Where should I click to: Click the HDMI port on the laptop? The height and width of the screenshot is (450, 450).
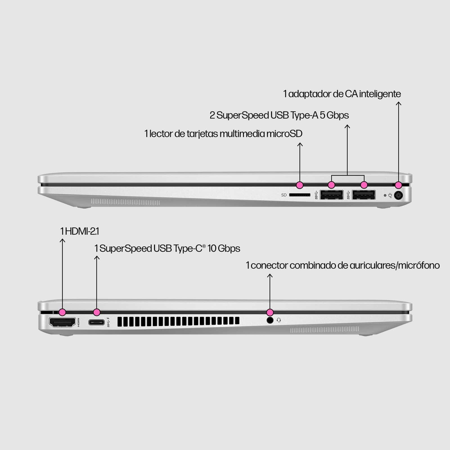point(62,322)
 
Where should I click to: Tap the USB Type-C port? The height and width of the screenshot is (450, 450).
point(96,322)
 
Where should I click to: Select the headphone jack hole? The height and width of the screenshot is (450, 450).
point(270,320)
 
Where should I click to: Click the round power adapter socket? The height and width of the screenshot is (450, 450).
point(398,195)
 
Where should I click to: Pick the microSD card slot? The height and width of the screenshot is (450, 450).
point(300,195)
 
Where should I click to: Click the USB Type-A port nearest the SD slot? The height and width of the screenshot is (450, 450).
point(332,195)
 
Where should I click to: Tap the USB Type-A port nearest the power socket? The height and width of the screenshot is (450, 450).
point(364,195)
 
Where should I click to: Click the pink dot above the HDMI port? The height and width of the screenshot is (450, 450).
point(62,312)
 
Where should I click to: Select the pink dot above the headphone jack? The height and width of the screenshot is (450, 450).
point(270,312)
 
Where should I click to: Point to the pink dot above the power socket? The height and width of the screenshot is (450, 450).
point(398,185)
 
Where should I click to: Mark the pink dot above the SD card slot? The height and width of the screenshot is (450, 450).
point(300,185)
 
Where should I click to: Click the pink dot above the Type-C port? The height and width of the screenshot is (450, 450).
point(97,312)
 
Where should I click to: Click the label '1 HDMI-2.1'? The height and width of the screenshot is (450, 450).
point(80,231)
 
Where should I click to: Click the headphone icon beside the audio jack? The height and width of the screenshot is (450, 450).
point(279,320)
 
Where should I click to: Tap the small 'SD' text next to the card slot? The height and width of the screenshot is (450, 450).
point(284,195)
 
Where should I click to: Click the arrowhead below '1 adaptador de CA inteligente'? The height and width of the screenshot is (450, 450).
point(399,103)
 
